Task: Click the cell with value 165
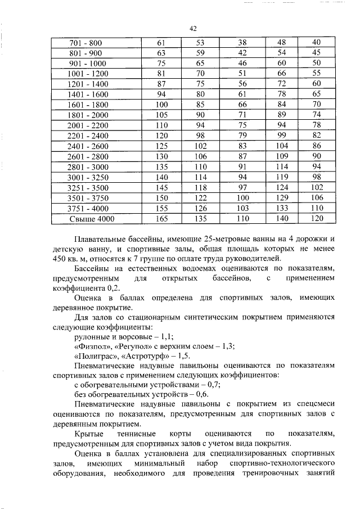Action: click(162, 218)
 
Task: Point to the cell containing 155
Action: click(162, 208)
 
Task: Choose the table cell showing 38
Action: click(243, 43)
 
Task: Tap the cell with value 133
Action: click(282, 208)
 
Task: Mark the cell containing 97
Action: click(243, 187)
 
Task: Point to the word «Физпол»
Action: click(90, 346)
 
